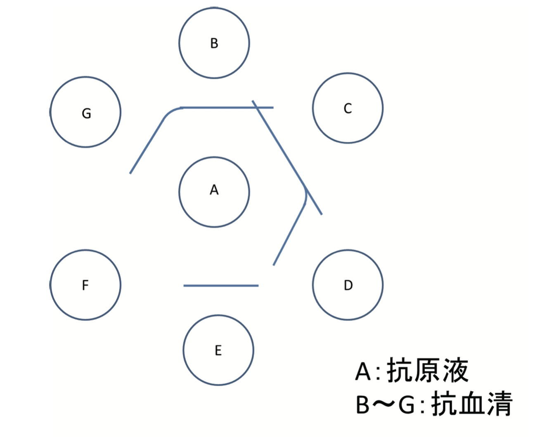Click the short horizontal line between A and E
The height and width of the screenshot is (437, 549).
[x=221, y=286]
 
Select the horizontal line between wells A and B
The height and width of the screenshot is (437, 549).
[x=227, y=108]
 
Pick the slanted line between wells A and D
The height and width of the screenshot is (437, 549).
[x=289, y=235]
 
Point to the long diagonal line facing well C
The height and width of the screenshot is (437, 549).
[x=287, y=158]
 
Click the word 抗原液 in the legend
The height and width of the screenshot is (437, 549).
[x=428, y=370]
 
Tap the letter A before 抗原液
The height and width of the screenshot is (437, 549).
[x=362, y=371]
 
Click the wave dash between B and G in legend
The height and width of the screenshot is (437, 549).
[x=383, y=405]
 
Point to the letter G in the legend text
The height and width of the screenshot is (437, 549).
[x=406, y=405]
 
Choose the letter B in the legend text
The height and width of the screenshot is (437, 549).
[x=362, y=405]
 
